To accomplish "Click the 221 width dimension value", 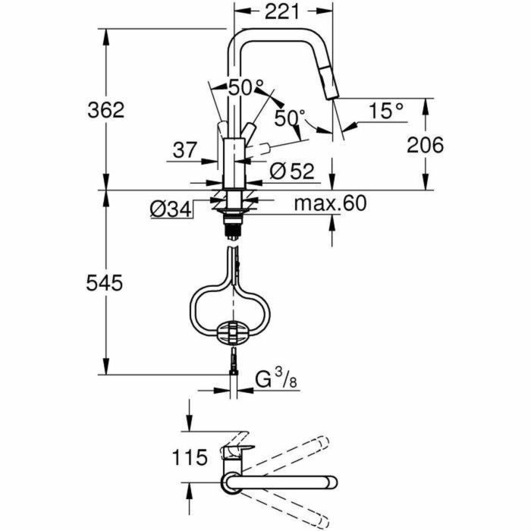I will click(x=283, y=12).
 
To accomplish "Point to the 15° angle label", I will click(x=386, y=112).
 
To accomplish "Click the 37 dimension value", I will click(x=184, y=150).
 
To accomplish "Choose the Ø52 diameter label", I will click(x=291, y=171).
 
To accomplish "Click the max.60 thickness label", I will click(x=330, y=203).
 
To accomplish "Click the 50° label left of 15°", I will click(x=290, y=118).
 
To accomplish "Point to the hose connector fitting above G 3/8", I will click(x=233, y=363).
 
